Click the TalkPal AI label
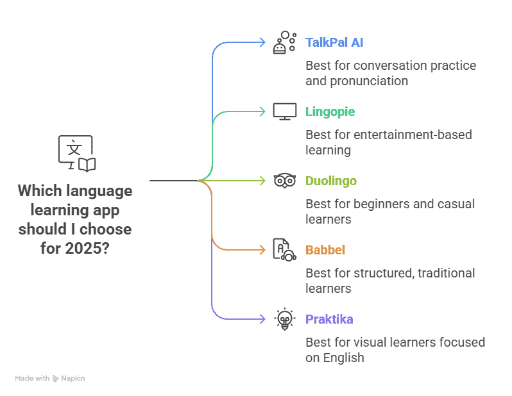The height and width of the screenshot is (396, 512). pos(334,43)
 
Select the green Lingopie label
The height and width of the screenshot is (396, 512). pos(330,112)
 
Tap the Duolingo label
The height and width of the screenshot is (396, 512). pos(330,181)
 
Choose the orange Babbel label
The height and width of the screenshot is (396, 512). pos(325,251)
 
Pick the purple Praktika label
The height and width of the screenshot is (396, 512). pos(329,320)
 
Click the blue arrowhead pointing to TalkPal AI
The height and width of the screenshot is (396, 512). pos(261,42)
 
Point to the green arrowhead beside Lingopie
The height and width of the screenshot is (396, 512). pos(261,111)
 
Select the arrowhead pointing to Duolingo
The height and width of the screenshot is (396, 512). pos(261,181)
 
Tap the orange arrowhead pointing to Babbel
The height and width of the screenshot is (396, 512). pos(261,250)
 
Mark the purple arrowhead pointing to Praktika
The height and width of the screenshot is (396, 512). pos(261,319)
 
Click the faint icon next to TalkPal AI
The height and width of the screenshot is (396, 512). pos(284,42)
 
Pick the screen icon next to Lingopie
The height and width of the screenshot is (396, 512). pos(284,111)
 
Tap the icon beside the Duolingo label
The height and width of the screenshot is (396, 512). pos(284,181)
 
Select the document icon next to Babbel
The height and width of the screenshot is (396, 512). pos(284,249)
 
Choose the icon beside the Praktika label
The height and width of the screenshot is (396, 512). pos(284,318)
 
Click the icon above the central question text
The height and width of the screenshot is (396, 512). pos(76,152)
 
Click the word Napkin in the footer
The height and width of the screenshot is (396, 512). pos(73,379)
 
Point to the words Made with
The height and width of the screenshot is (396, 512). pos(32,379)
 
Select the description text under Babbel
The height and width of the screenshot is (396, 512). pos(390,280)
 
